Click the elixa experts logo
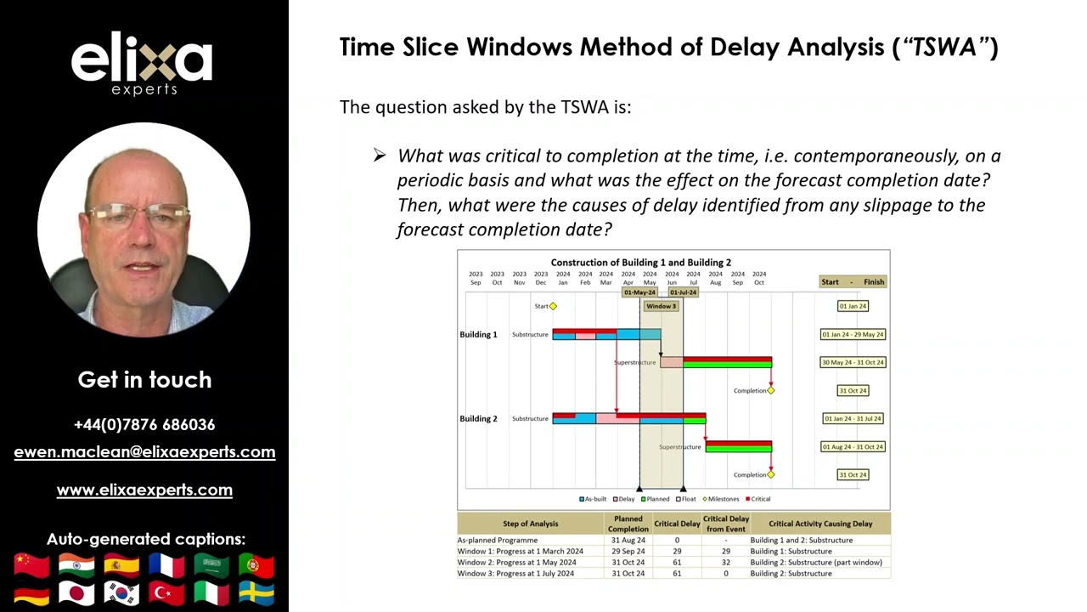pos(142,64)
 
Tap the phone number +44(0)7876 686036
pos(144,424)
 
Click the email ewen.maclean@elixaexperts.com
pos(144,452)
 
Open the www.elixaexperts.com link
pos(144,490)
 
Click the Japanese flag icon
pos(76,592)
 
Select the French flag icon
pos(166,565)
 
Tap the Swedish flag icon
pos(256,592)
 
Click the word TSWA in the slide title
pos(944,47)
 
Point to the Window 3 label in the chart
pos(661,306)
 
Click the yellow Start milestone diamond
pos(553,306)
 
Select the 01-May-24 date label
pos(639,292)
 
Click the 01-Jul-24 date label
pos(683,292)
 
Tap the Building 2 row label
pos(478,418)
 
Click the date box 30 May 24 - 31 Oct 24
pos(853,362)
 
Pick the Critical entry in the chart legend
pos(758,499)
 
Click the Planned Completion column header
pos(628,524)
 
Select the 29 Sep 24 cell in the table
pos(628,551)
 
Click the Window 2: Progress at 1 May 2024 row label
pos(516,562)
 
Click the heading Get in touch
pos(144,379)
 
